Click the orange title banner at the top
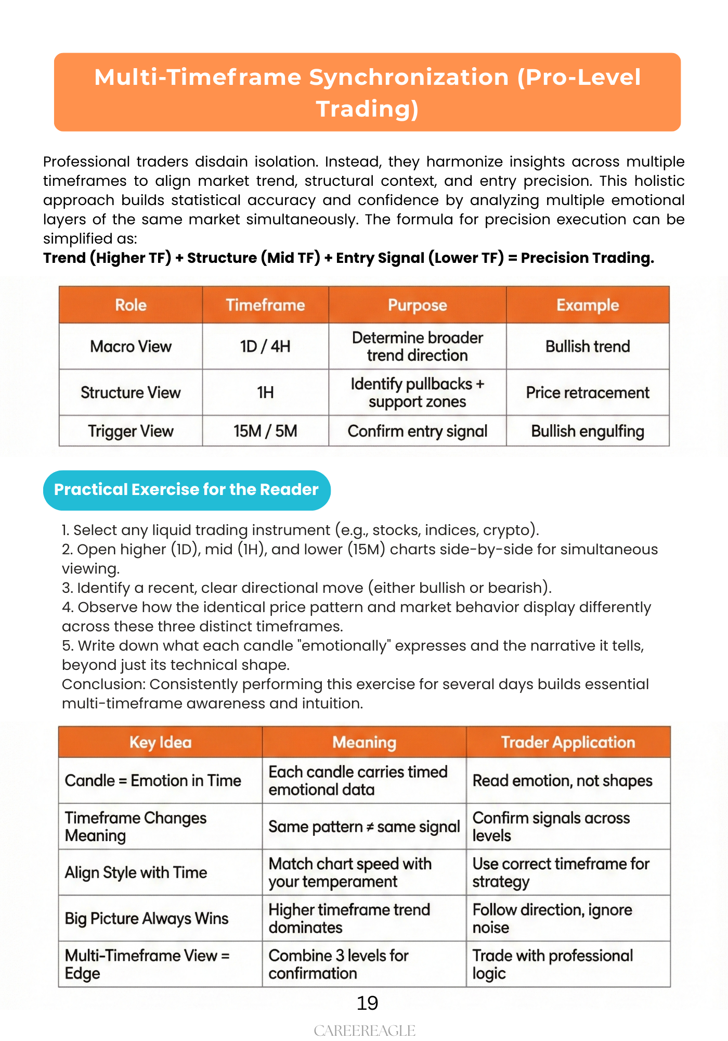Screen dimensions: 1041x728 [367, 92]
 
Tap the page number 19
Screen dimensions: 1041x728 [367, 1002]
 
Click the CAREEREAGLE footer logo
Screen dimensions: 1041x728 [365, 1031]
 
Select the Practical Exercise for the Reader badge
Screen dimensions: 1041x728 [187, 490]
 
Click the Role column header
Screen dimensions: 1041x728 [131, 305]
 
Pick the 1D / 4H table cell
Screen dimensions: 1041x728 [265, 347]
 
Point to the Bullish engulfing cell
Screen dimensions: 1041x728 [588, 431]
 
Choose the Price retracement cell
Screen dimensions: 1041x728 [588, 392]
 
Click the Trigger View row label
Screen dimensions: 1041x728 [131, 431]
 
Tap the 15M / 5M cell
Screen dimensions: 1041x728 [265, 431]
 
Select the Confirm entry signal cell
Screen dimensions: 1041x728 [418, 431]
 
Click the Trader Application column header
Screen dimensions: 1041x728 [568, 742]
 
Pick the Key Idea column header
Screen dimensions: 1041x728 [160, 742]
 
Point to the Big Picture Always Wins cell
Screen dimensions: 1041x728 [147, 919]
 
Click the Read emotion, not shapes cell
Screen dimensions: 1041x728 [562, 781]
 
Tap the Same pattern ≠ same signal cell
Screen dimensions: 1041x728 [364, 827]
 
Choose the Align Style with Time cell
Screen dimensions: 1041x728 [136, 872]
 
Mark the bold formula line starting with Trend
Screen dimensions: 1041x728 [348, 258]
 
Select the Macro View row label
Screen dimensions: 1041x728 [131, 347]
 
